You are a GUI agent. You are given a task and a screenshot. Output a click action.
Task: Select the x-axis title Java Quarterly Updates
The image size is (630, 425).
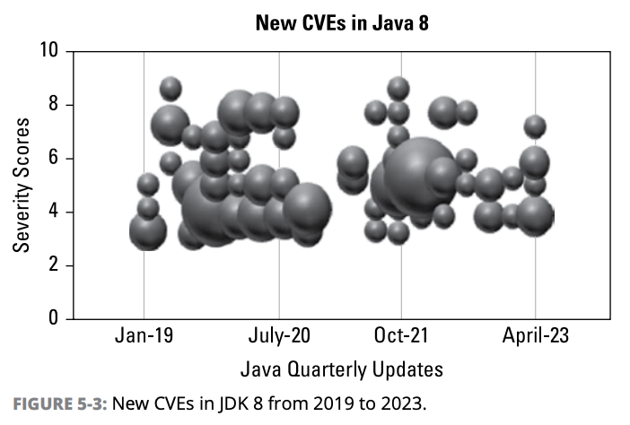pyautogui.click(x=341, y=369)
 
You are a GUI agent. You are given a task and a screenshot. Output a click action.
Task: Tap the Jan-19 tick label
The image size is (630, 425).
pyautogui.click(x=144, y=337)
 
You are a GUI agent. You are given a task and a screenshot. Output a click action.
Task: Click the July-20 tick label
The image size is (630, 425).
pyautogui.click(x=279, y=337)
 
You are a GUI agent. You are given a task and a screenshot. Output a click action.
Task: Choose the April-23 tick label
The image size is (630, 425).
pyautogui.click(x=536, y=337)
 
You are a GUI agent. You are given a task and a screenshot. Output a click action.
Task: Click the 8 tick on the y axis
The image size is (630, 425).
pyautogui.click(x=53, y=105)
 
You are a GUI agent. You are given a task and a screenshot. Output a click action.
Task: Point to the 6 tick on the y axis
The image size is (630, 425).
pyautogui.click(x=53, y=159)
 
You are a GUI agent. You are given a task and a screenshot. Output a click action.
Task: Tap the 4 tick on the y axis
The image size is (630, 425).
pyautogui.click(x=53, y=212)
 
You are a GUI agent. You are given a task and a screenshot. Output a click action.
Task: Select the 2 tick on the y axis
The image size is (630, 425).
pyautogui.click(x=53, y=265)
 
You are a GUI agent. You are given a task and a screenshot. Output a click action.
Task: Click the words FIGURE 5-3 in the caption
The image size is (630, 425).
pyautogui.click(x=57, y=403)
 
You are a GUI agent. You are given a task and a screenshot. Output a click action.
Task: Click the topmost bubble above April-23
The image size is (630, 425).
pyautogui.click(x=535, y=126)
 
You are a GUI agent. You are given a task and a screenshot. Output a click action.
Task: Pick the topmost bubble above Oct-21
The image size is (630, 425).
pyautogui.click(x=398, y=88)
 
